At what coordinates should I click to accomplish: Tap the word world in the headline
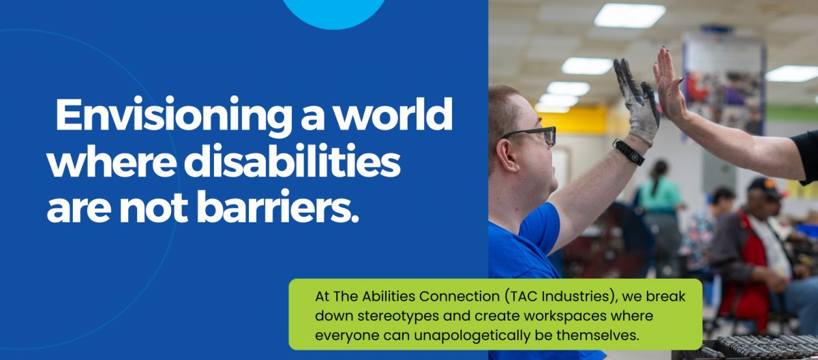click(394, 114)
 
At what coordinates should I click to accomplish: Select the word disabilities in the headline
click(292, 161)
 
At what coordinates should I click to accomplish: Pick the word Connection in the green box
click(459, 296)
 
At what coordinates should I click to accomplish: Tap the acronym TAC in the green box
click(522, 296)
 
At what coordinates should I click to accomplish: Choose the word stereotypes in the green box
click(398, 316)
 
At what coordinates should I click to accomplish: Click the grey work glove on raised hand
click(637, 102)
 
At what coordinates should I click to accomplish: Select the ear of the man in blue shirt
click(507, 155)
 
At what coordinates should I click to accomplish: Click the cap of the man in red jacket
click(764, 187)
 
